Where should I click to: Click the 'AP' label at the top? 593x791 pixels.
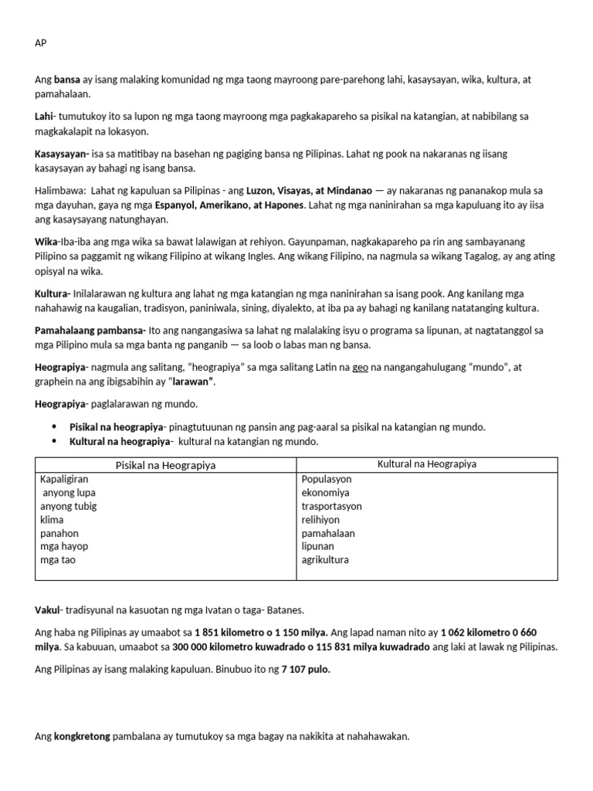[41, 43]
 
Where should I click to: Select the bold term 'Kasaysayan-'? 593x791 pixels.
[62, 154]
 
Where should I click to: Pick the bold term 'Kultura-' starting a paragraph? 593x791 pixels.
[53, 294]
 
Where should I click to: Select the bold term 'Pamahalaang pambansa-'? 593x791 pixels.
[90, 330]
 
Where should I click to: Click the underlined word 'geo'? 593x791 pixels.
[360, 367]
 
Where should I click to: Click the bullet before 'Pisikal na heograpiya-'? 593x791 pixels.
[54, 426]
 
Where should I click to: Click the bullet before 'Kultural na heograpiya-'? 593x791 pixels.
[54, 441]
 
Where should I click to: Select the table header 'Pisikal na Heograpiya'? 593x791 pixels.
[165, 465]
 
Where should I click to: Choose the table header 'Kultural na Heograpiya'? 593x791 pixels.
[426, 464]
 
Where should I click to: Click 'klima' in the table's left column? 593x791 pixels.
[53, 520]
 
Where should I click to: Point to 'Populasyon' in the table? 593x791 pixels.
[327, 479]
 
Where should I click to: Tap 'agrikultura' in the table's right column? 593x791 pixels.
[325, 560]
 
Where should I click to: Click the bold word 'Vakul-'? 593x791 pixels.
[49, 609]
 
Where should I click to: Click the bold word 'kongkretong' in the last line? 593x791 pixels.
[82, 736]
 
